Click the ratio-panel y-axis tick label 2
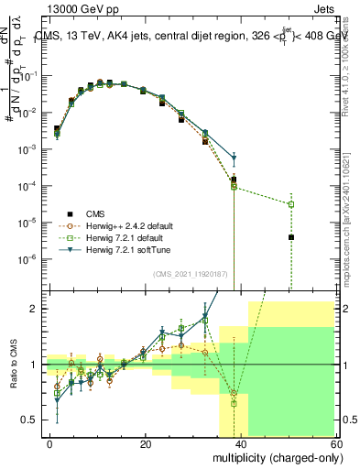tap(35, 309)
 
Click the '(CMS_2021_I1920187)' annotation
tap(190, 273)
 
